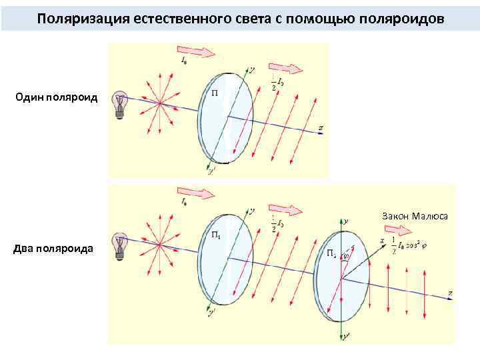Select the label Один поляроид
pyautogui.click(x=57, y=98)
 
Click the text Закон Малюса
pyautogui.click(x=415, y=215)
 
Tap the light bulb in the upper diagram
pyautogui.click(x=121, y=104)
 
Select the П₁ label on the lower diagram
pyautogui.click(x=216, y=234)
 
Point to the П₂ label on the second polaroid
pyautogui.click(x=331, y=254)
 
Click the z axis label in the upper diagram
pyautogui.click(x=321, y=127)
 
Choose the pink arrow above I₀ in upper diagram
pyautogui.click(x=193, y=50)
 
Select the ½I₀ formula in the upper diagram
pyautogui.click(x=279, y=85)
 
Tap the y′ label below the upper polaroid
pyautogui.click(x=211, y=171)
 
